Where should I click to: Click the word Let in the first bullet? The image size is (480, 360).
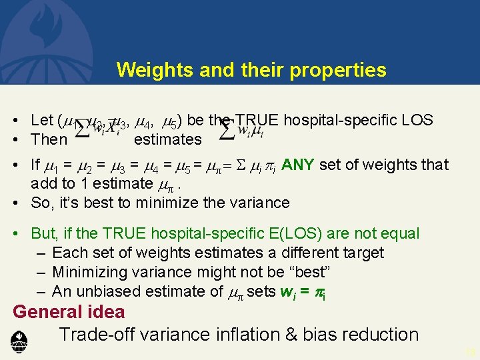(x=41, y=121)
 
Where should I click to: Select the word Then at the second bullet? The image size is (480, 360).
(x=49, y=139)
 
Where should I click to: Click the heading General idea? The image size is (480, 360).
(x=69, y=312)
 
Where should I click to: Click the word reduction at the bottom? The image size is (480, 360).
(x=380, y=335)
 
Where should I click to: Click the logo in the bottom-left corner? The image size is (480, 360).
(x=19, y=342)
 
